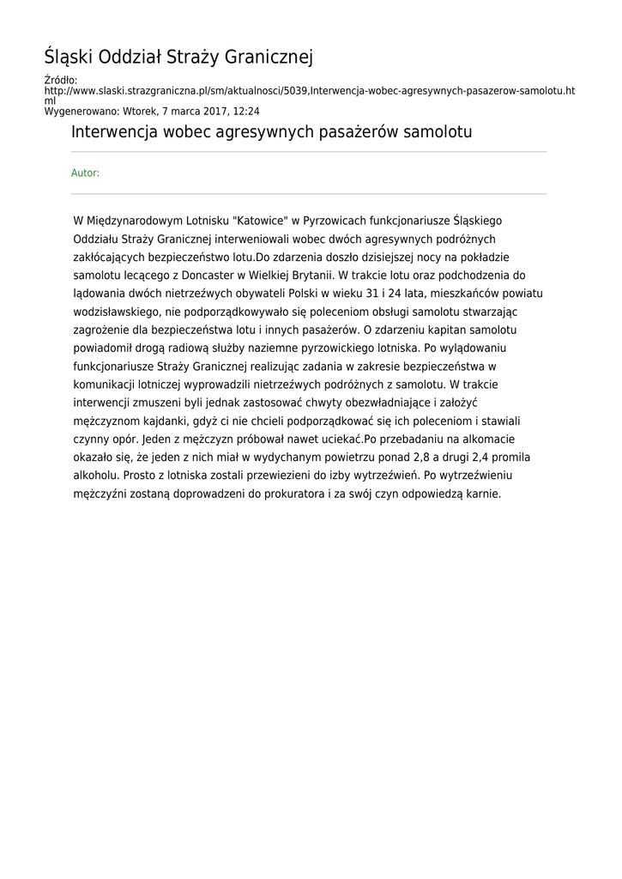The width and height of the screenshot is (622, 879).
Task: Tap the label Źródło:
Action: [x=60, y=81]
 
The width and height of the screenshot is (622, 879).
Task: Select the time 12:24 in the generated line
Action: [x=247, y=111]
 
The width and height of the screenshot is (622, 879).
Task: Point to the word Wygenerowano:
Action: [x=82, y=111]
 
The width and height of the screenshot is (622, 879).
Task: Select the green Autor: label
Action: [x=85, y=173]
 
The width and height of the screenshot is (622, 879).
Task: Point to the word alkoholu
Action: [x=96, y=475]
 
